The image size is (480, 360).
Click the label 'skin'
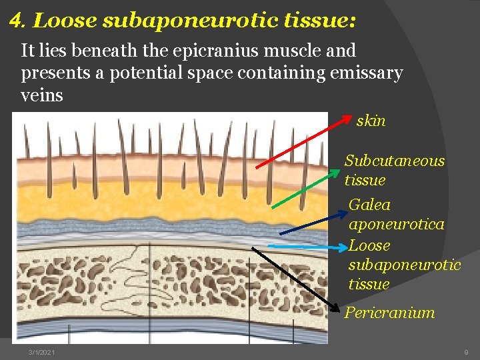pyautogui.click(x=371, y=121)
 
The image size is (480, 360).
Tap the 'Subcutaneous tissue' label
pyautogui.click(x=393, y=170)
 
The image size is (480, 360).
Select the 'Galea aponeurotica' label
pyautogui.click(x=396, y=214)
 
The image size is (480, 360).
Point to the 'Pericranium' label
pyautogui.click(x=389, y=312)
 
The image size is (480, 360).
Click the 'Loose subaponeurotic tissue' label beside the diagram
pyautogui.click(x=404, y=265)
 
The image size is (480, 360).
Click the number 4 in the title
pyautogui.click(x=16, y=21)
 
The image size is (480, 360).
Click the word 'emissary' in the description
pyautogui.click(x=366, y=73)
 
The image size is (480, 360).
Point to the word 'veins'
pyautogui.click(x=42, y=95)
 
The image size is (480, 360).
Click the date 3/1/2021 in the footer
pyautogui.click(x=41, y=351)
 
